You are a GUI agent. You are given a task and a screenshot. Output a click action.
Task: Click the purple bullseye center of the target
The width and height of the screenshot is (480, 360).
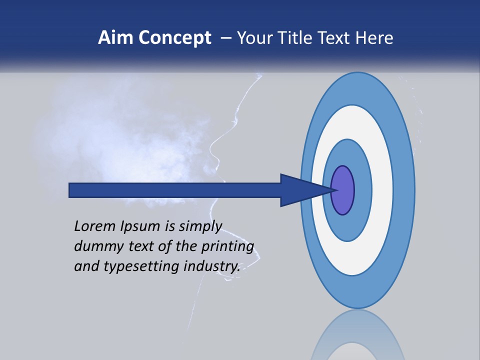click(x=342, y=190)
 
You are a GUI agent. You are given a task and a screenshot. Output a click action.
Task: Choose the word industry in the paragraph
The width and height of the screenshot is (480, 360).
click(x=212, y=267)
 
